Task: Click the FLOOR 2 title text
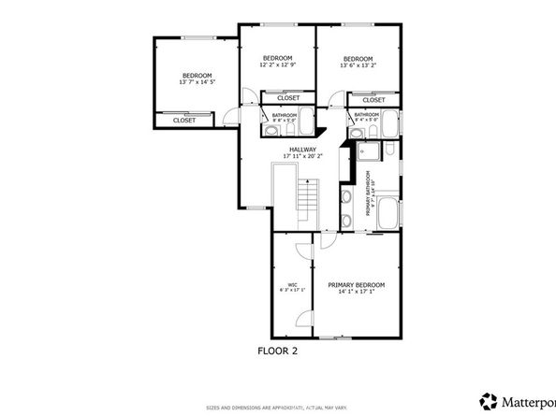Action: tap(279, 351)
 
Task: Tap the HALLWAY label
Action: tap(301, 149)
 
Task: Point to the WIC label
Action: tap(292, 284)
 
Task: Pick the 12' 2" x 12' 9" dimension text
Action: tap(277, 65)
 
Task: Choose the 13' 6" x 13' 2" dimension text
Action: tap(358, 65)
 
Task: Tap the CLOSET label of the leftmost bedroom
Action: tap(184, 120)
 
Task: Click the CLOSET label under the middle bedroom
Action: tap(288, 98)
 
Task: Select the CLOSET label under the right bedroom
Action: tap(373, 100)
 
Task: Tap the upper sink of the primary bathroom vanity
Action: tap(346, 198)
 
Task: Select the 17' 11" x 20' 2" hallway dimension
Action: tap(301, 156)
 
